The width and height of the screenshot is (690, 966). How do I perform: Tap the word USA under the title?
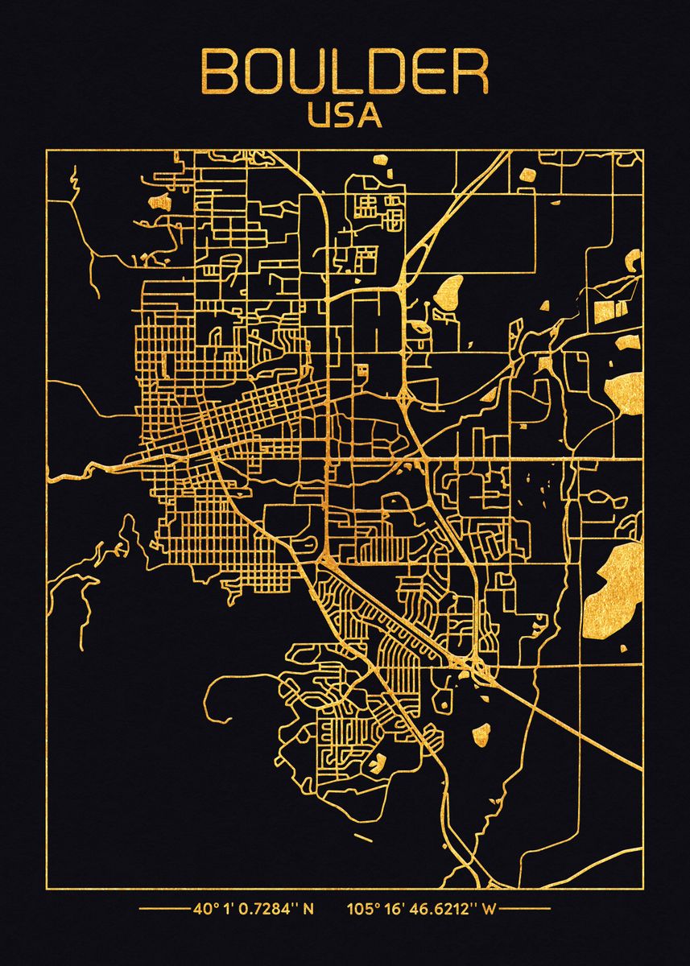click(345, 115)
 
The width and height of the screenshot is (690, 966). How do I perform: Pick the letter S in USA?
click(345, 115)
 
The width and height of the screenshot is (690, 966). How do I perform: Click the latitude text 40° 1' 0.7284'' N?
click(253, 910)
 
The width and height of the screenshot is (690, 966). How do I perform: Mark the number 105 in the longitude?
click(360, 910)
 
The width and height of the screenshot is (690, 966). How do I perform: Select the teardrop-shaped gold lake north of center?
click(449, 291)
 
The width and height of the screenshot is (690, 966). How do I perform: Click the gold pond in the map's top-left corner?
click(158, 200)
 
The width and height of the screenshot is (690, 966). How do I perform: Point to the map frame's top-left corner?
click(47, 150)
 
